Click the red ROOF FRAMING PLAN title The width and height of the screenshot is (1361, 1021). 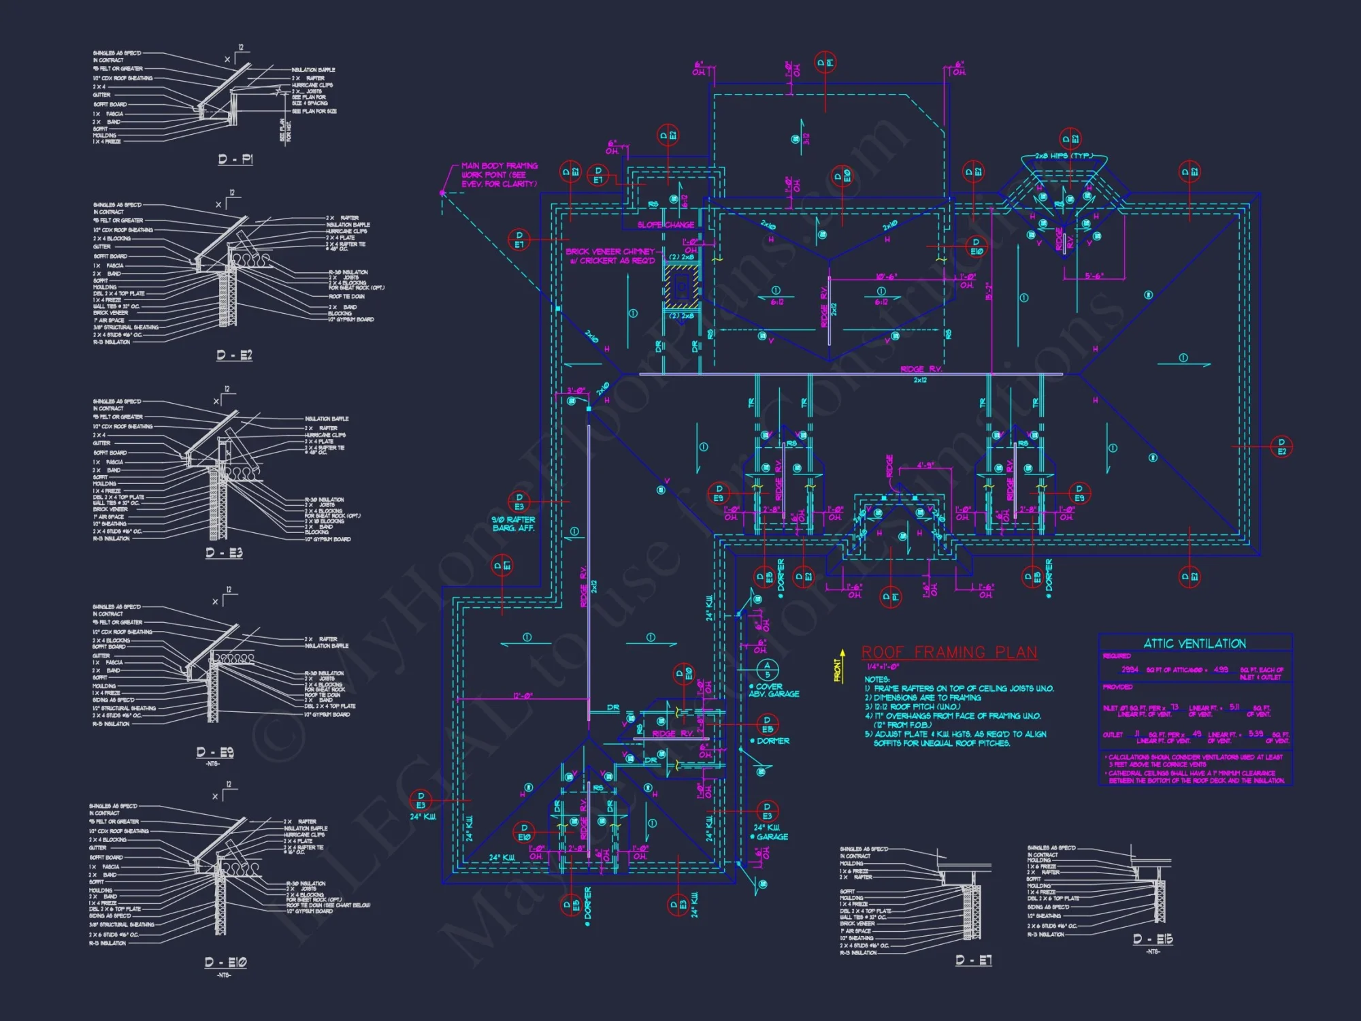click(x=949, y=652)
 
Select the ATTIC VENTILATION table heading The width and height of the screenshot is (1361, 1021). click(x=1194, y=643)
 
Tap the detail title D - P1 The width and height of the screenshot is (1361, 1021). click(x=235, y=159)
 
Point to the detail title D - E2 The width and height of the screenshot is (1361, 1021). click(x=234, y=355)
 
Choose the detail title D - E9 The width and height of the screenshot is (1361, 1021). click(x=215, y=752)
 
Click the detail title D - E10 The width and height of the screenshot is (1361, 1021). click(x=225, y=962)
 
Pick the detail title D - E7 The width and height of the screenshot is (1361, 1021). click(x=974, y=960)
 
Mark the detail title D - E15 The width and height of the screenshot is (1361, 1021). click(x=1153, y=939)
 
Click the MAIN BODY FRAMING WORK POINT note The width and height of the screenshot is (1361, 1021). click(x=499, y=175)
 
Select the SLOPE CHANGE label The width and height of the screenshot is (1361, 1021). click(x=666, y=225)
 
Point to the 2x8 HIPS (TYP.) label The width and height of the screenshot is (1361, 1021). click(x=1064, y=156)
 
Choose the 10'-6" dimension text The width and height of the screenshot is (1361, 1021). click(x=886, y=277)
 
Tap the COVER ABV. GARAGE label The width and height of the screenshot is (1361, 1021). click(x=774, y=690)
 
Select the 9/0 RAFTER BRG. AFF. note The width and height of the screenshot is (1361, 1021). click(x=513, y=523)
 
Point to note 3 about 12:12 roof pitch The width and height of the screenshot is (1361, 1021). click(x=913, y=707)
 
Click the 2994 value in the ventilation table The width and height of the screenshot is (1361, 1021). click(x=1130, y=670)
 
